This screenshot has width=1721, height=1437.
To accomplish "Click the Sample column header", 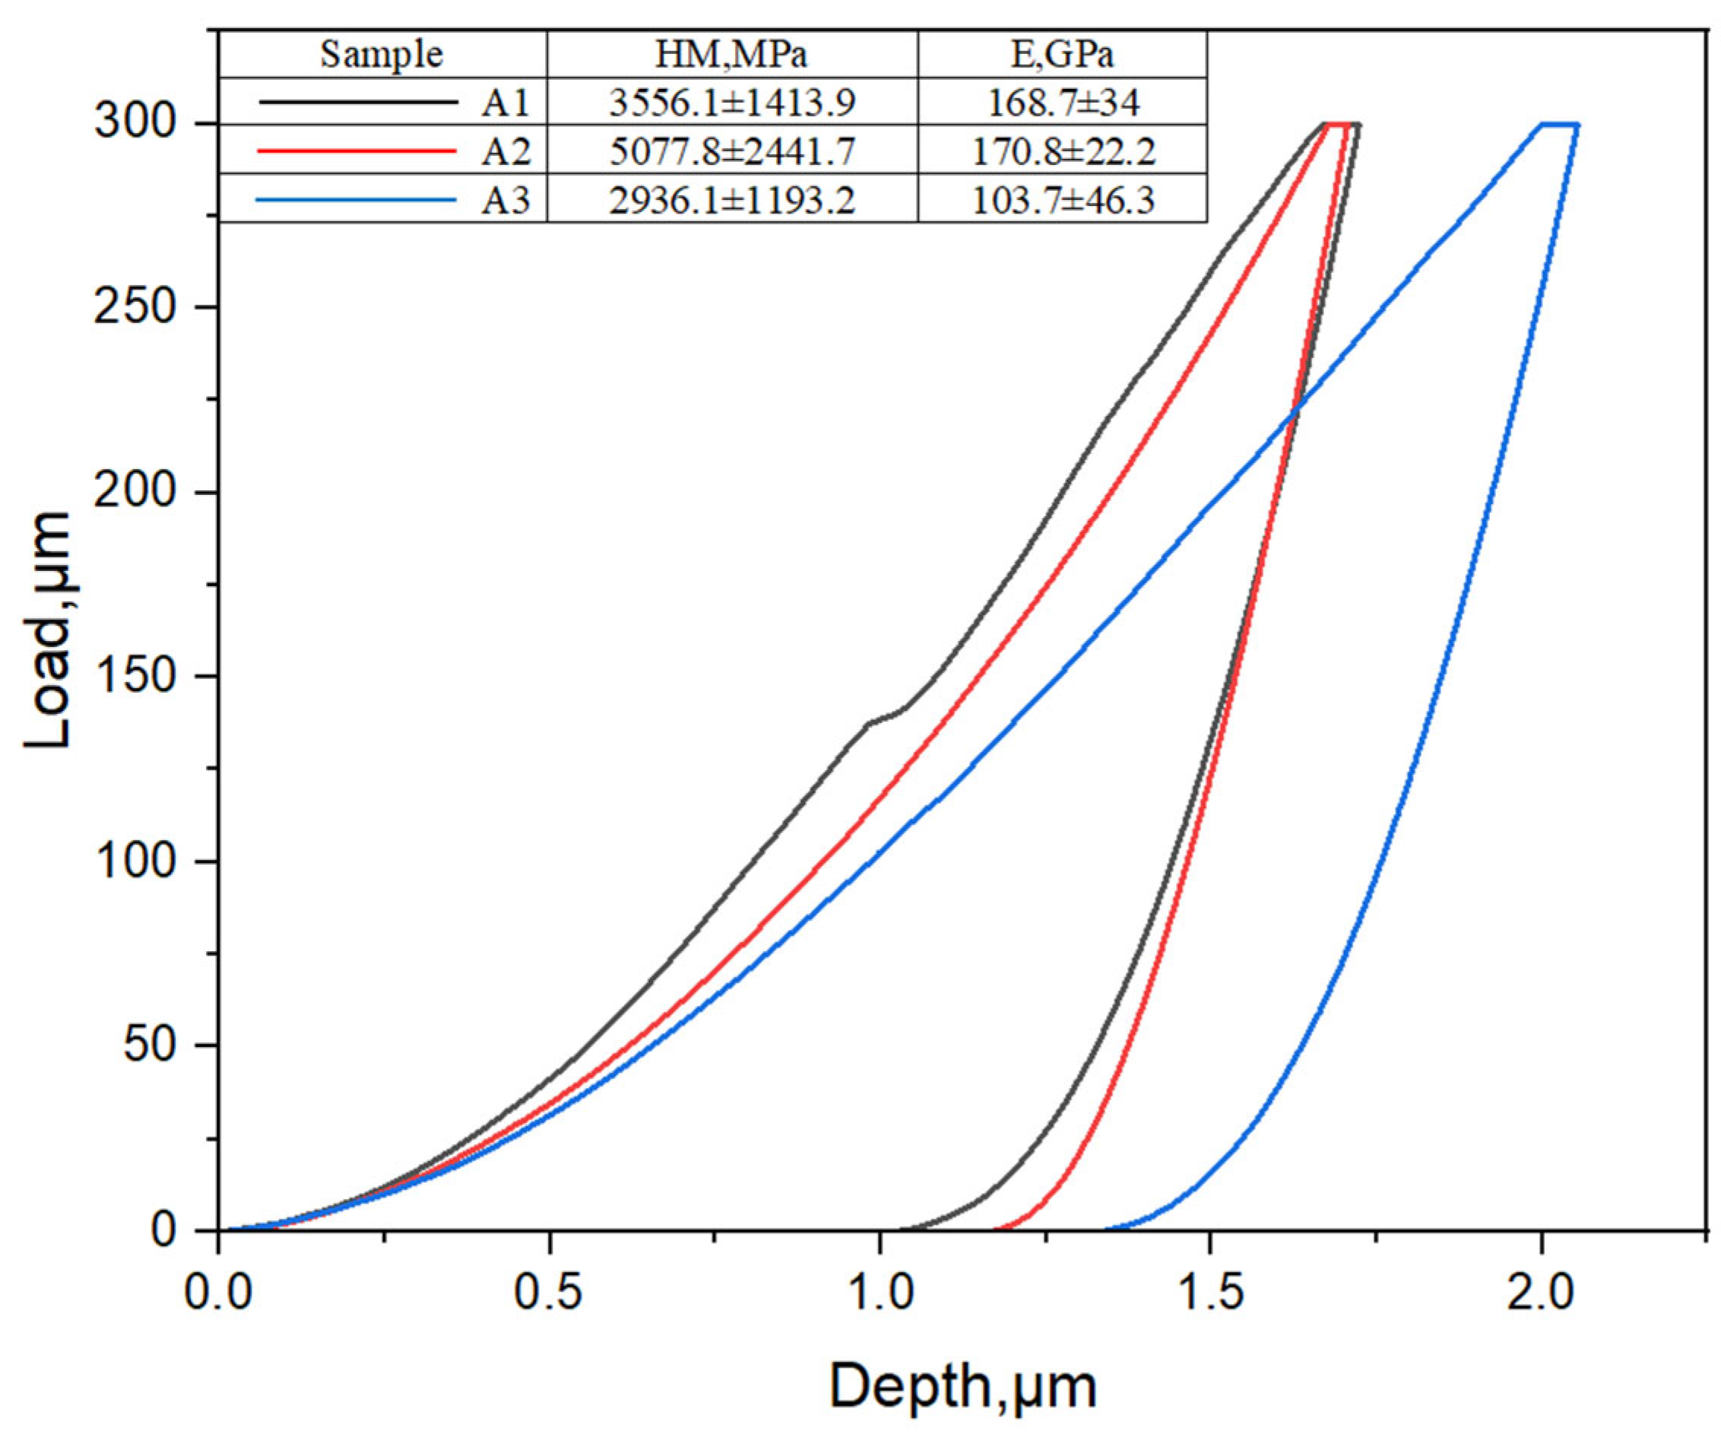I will tap(381, 55).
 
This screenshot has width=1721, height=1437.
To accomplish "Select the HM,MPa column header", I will tap(731, 55).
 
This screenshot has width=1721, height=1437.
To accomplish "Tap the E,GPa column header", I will tap(1062, 55).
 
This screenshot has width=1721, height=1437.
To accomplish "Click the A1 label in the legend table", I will tap(506, 103).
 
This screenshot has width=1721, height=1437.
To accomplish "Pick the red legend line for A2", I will tap(356, 151).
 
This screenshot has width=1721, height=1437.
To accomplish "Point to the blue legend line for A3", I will tap(356, 199).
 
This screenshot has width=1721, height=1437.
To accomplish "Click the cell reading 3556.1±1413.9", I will tap(732, 103).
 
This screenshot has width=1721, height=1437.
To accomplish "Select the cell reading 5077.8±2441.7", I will tap(732, 151).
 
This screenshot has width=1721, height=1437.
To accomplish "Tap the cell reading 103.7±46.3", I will tap(1062, 199).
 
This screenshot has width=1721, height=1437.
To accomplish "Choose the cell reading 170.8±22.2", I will tap(1062, 151).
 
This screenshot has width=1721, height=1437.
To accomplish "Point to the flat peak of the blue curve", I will tap(1560, 125).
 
